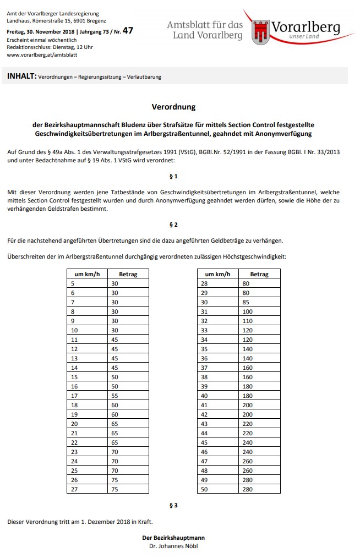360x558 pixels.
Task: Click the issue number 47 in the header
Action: click(128, 31)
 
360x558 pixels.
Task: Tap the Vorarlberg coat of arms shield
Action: click(260, 32)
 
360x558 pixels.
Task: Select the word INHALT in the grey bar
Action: click(21, 76)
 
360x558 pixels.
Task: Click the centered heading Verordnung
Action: click(173, 107)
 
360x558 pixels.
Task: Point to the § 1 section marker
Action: click(173, 176)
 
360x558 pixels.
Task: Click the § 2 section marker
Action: click(173, 225)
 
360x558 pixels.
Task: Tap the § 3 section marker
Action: click(173, 505)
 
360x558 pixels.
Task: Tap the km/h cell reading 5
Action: click(73, 283)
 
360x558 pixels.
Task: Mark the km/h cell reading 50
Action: click(205, 489)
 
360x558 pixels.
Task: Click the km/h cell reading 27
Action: click(74, 489)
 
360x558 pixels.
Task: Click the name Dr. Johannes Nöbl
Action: click(173, 546)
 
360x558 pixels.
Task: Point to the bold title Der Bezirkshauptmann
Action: click(173, 538)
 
